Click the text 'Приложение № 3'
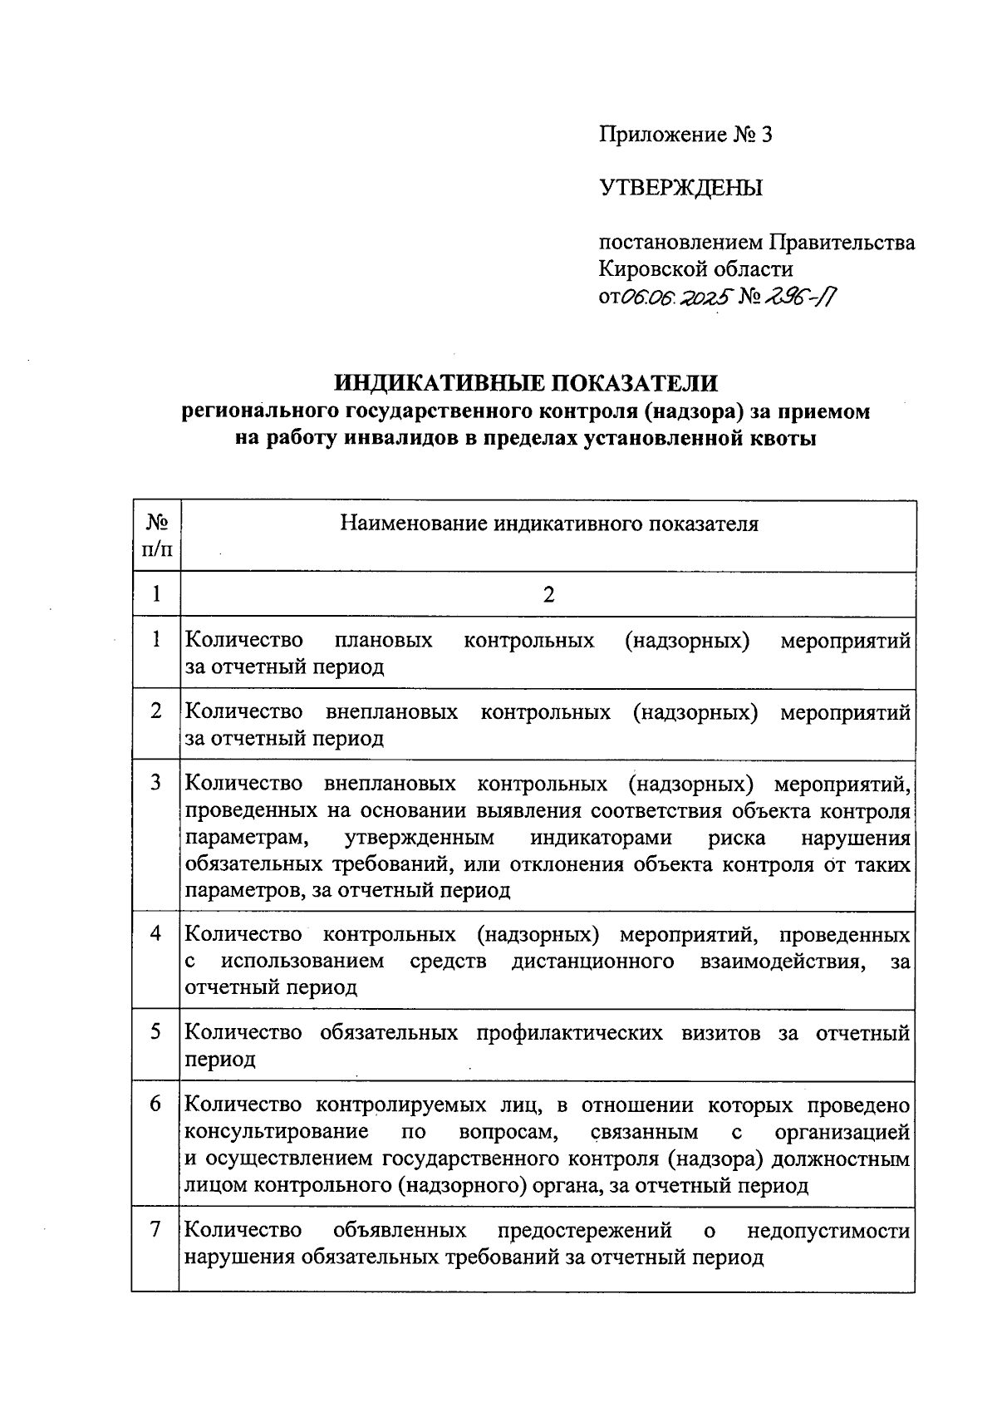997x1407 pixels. tap(685, 135)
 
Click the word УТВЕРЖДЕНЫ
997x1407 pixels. tap(680, 189)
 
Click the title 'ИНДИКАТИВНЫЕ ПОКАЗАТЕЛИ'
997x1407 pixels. tap(525, 383)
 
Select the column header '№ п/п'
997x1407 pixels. tap(157, 536)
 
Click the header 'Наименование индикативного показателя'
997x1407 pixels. tap(549, 524)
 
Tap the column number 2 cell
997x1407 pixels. tap(548, 595)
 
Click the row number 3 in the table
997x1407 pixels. tap(156, 783)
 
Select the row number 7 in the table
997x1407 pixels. tap(156, 1230)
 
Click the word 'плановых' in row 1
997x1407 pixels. tap(383, 641)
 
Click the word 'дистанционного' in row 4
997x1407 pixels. tap(592, 962)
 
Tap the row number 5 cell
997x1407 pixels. tap(156, 1032)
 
